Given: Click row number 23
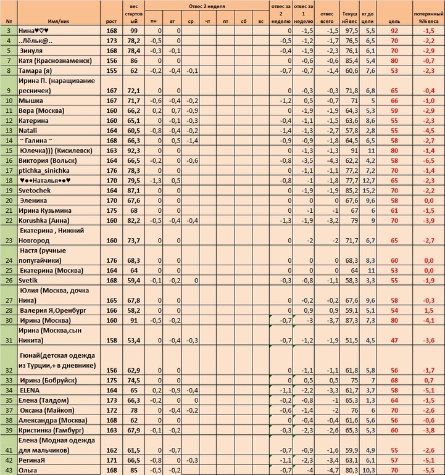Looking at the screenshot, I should point(9,241).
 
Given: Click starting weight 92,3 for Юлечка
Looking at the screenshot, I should point(132,150).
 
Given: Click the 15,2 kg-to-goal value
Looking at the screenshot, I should point(370,190).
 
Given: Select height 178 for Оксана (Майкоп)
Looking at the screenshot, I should point(112,410).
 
